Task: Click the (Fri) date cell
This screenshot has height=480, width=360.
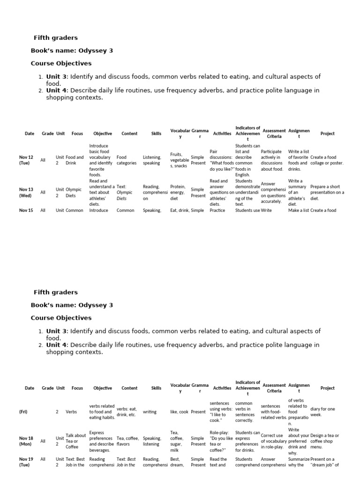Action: (23, 412)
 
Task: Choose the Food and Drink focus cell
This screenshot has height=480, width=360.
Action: (75, 160)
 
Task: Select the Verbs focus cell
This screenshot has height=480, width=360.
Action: (71, 412)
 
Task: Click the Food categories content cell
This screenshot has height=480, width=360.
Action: (127, 160)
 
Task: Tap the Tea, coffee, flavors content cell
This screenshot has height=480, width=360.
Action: (127, 441)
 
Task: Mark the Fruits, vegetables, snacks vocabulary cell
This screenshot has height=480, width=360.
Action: (180, 160)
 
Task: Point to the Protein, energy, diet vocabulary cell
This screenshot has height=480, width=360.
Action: (178, 192)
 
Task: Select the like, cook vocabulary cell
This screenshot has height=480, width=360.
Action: (179, 412)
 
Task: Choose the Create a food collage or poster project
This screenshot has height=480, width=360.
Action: (327, 160)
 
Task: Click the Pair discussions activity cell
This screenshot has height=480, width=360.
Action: (221, 160)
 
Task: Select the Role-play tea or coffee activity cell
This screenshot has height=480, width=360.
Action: (221, 441)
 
